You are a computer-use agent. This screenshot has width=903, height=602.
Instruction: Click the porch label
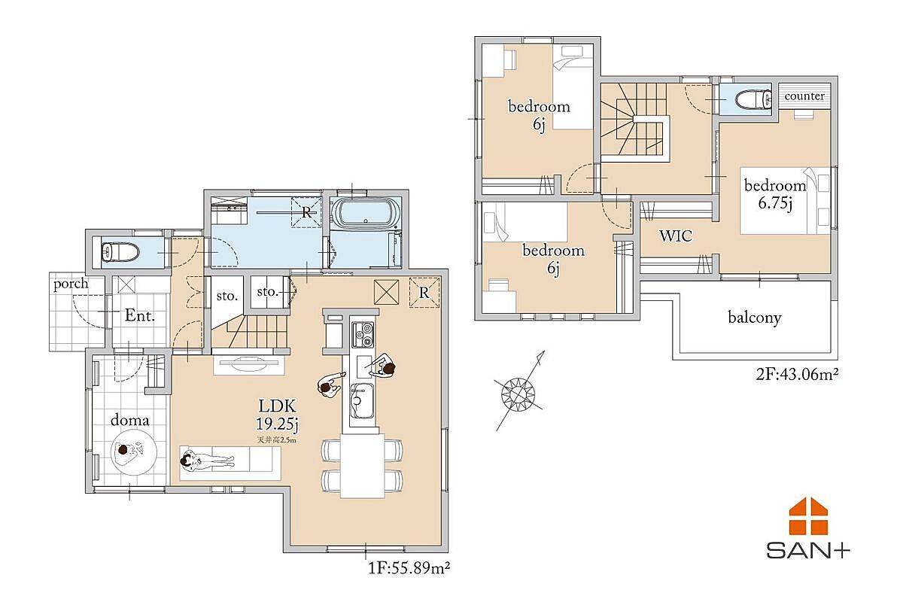pos(71,284)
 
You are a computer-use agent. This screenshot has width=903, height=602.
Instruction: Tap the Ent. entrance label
pos(140,315)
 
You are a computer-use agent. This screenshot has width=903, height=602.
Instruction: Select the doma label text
pos(129,420)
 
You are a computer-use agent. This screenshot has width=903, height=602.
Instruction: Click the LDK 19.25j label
pos(278,414)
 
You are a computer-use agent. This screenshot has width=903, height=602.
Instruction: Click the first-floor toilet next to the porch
pos(120,252)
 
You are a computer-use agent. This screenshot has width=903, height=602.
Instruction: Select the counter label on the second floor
pos(804,96)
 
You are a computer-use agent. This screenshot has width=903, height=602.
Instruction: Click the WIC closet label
pos(676,236)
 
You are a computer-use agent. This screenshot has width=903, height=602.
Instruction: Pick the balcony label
pos(755,318)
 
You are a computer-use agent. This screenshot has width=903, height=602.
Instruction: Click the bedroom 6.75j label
pos(775,194)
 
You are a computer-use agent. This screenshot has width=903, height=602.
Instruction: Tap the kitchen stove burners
pos(363,335)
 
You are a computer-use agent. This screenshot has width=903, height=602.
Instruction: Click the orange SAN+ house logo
pos(808,516)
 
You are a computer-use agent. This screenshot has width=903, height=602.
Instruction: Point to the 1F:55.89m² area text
pos(409,568)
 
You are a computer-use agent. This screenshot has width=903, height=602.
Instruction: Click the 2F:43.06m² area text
pos(797,375)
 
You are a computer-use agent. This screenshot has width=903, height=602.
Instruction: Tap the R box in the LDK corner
pos(424,293)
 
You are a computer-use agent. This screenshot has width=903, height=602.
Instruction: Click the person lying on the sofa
pos(206,460)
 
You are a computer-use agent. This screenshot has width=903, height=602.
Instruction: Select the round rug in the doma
pos(133,451)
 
